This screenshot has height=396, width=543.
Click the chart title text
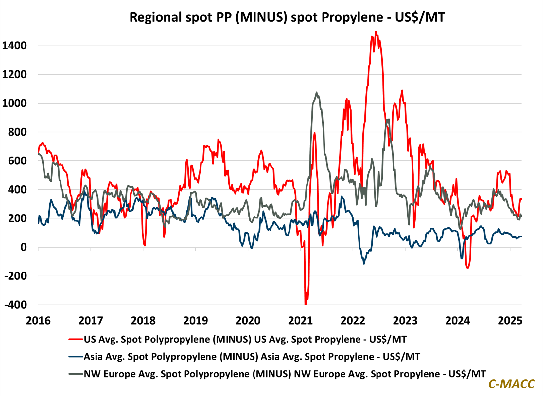click(x=287, y=17)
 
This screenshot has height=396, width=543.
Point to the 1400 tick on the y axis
click(x=14, y=46)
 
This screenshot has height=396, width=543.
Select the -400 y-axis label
click(x=15, y=305)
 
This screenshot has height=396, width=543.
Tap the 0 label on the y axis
click(x=23, y=247)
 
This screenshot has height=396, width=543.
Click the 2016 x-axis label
click(x=38, y=320)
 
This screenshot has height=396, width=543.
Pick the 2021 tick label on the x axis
click(x=300, y=320)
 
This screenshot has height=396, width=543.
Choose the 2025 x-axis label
click(x=510, y=320)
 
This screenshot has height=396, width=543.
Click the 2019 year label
click(x=195, y=320)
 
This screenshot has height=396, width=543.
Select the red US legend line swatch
click(x=76, y=339)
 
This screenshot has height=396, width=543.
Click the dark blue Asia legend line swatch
click(x=76, y=356)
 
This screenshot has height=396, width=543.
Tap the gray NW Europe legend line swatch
click(x=76, y=374)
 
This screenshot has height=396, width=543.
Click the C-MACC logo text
click(x=511, y=384)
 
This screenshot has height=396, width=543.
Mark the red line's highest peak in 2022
click(x=376, y=32)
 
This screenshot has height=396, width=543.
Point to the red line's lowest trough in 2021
click(x=306, y=304)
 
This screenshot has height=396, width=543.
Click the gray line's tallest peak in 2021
click(x=316, y=93)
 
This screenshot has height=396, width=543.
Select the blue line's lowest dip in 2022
click(x=364, y=263)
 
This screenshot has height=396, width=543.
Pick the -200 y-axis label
click(x=15, y=276)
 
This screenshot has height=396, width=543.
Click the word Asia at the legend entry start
click(x=94, y=356)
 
